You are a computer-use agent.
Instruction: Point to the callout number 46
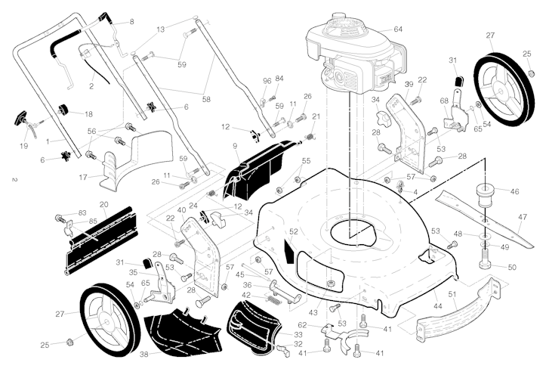(515, 192)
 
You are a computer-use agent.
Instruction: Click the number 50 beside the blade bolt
(511, 268)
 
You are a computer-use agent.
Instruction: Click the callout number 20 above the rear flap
(103, 204)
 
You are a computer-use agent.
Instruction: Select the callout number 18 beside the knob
(88, 114)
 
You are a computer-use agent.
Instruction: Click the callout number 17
(83, 177)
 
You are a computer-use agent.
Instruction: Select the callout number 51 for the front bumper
(453, 295)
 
